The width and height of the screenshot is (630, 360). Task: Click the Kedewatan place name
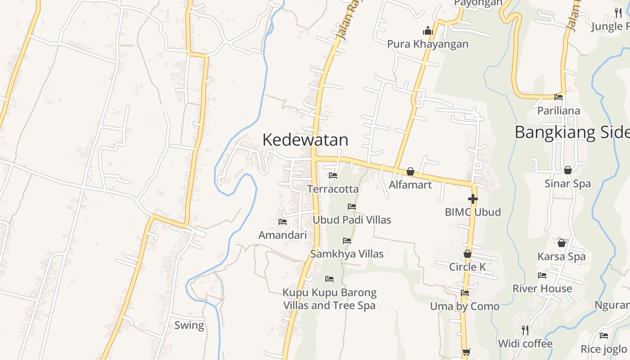click(305, 140)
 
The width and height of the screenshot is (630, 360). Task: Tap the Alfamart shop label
click(410, 185)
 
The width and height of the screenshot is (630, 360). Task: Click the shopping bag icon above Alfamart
click(410, 171)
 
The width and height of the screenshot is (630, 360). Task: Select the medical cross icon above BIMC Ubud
click(472, 199)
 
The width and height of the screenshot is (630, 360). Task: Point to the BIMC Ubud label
click(472, 212)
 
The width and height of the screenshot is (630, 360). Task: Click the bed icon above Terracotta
click(333, 175)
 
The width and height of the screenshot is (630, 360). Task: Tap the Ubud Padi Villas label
click(352, 220)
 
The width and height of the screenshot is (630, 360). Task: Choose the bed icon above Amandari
click(283, 221)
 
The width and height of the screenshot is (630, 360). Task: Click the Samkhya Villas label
click(347, 254)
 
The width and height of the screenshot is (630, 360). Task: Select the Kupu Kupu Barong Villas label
click(329, 299)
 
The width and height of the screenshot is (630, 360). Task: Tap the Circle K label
click(468, 267)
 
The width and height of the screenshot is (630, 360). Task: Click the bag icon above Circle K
click(468, 254)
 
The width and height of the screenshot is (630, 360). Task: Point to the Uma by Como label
click(464, 306)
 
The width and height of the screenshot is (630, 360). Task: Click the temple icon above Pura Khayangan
click(427, 31)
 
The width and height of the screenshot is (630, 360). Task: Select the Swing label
click(189, 325)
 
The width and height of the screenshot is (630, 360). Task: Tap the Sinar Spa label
click(567, 184)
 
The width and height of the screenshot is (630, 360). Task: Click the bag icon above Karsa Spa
click(562, 243)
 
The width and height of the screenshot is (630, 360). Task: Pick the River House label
click(542, 288)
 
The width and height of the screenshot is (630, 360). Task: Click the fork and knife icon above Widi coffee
click(525, 330)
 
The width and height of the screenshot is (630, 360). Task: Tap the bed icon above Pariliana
click(558, 97)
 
